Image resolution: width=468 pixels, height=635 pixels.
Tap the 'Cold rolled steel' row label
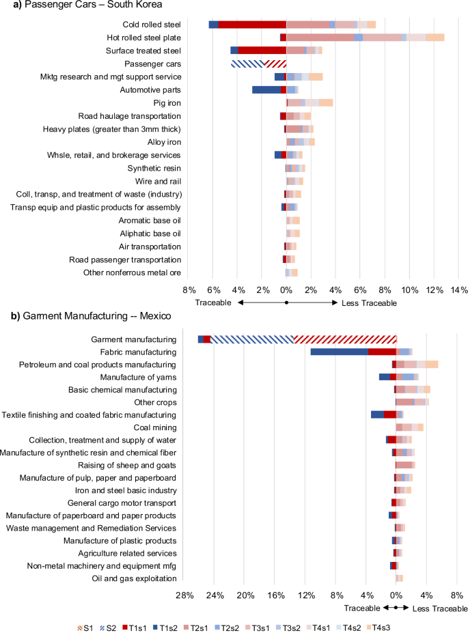[x=150, y=25]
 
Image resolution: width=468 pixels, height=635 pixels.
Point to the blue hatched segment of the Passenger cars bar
[x=247, y=63]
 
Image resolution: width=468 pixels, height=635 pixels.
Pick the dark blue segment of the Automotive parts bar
[x=266, y=89]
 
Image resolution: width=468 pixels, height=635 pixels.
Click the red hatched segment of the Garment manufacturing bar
[x=345, y=339]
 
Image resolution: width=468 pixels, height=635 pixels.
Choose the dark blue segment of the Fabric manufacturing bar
[x=339, y=352]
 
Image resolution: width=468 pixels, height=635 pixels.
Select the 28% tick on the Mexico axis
[x=184, y=595]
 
